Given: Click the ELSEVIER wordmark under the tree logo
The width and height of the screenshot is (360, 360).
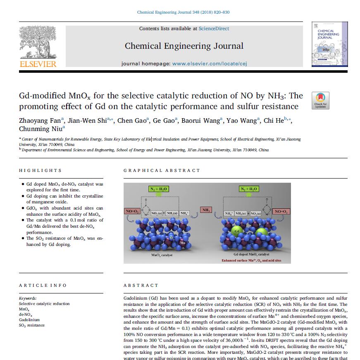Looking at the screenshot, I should tap(38, 64).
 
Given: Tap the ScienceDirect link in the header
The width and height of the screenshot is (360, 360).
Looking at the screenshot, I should tap(214, 29).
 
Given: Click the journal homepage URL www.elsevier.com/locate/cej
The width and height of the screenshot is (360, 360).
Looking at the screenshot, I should tap(210, 64).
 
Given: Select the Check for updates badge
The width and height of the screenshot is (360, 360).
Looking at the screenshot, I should tap(320, 100).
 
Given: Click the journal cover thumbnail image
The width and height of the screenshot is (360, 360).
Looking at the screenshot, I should tap(329, 44).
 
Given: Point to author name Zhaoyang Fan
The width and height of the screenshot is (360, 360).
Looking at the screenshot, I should tap(40, 121).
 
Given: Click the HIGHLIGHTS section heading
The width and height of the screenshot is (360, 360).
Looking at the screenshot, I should tap(41, 170).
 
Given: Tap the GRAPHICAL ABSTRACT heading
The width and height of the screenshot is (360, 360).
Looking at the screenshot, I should tap(162, 170).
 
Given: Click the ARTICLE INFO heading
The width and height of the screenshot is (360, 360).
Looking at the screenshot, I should tap(43, 285).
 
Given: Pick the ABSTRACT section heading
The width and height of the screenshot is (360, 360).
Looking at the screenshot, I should tap(141, 285).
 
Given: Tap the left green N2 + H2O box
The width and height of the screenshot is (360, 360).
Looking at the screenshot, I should tap(158, 189).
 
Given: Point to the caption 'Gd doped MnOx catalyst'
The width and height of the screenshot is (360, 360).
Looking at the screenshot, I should tap(251, 255).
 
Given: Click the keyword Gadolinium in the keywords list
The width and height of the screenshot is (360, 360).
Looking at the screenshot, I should tap(29, 319).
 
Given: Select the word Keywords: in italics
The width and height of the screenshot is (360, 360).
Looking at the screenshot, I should tap(28, 298).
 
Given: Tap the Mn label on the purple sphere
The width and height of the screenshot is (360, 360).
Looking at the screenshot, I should tap(183, 243).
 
